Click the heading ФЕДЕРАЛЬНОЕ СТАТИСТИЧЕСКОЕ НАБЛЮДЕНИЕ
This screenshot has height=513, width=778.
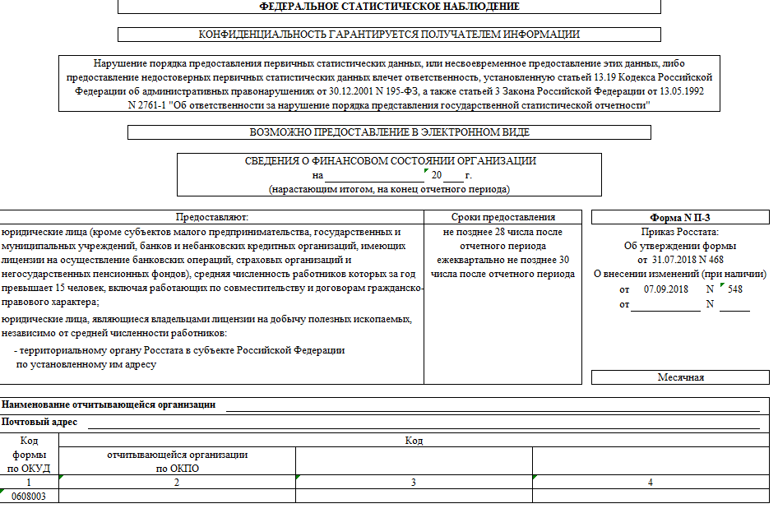coord(389,7)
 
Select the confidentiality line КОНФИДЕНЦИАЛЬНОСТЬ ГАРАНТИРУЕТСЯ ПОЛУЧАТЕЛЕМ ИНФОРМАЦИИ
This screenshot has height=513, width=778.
coord(389,35)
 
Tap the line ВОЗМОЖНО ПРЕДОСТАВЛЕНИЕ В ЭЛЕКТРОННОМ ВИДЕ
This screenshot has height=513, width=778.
coord(389,132)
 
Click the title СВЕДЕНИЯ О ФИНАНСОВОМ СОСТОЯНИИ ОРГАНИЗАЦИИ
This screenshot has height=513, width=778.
coord(390,161)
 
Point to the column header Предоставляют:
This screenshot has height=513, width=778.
coord(211,217)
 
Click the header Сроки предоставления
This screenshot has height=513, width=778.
coord(503,217)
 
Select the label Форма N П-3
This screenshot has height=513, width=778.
coord(680,218)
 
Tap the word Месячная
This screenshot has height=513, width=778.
coord(680,377)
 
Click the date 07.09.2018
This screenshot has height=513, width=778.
coord(665,289)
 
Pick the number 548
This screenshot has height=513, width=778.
coord(734,289)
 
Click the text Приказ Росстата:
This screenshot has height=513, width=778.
coord(680,233)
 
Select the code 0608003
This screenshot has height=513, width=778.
coord(29,497)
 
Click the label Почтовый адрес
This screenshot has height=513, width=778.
coord(40,422)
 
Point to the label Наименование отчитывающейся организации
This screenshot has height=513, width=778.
coord(109,404)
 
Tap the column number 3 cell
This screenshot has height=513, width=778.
coord(414,482)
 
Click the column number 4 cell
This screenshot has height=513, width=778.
coord(650,482)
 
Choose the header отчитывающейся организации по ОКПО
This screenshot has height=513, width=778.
coord(178,461)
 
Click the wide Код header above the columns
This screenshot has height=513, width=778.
coord(414,441)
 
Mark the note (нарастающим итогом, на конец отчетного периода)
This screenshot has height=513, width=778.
coord(390,189)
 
